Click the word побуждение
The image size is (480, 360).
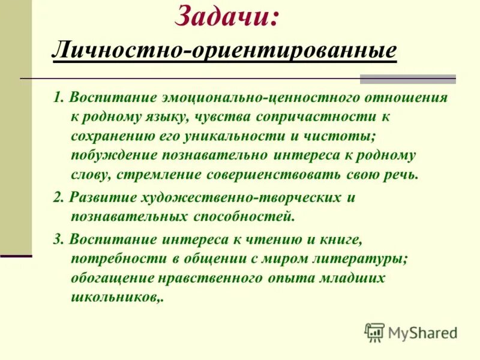(112, 155)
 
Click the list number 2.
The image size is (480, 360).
(57, 197)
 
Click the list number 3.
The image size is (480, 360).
(57, 239)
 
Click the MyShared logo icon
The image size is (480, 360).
(374, 332)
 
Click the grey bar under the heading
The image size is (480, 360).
(407, 79)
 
